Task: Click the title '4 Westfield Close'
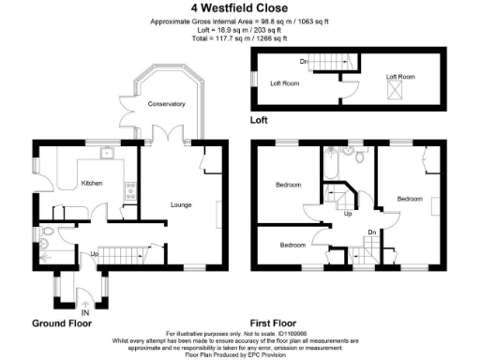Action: [x=240, y=9]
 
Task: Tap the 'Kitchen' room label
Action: [x=91, y=183]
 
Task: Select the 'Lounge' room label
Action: [x=181, y=203]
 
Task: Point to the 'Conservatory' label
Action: [x=166, y=104]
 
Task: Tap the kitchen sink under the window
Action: [x=108, y=153]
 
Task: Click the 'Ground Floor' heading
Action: [x=62, y=322]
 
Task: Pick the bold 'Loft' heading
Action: [x=260, y=121]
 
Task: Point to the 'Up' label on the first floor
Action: [x=350, y=214]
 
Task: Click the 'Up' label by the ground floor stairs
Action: [x=94, y=253]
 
